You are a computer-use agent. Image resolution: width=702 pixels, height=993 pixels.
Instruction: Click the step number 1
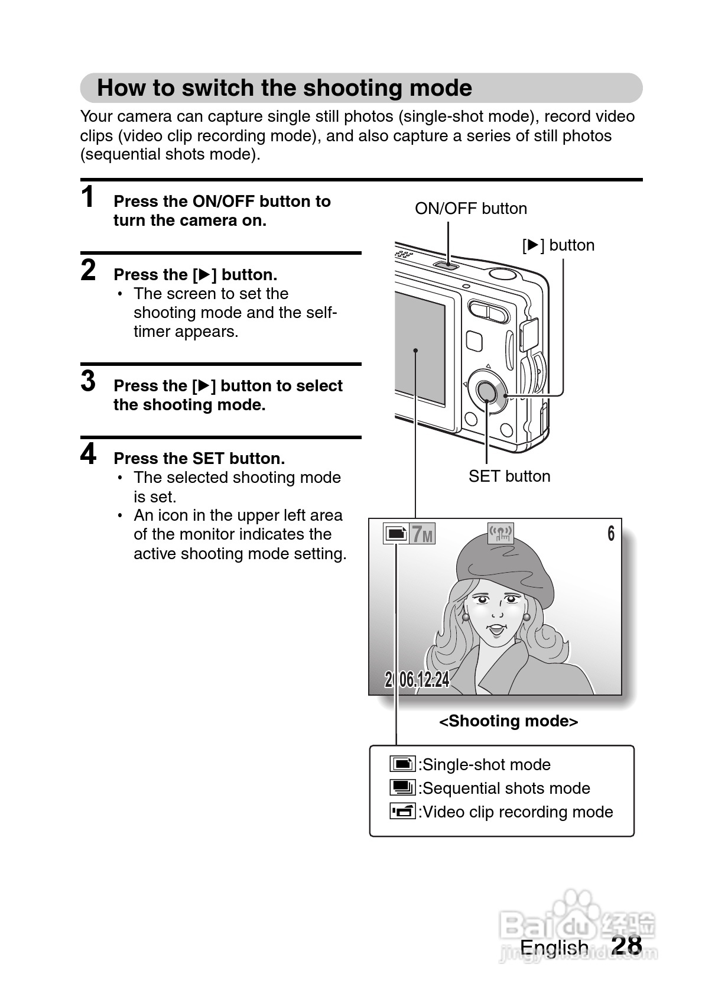coord(88,197)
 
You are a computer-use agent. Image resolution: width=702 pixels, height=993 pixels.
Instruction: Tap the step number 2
coord(88,270)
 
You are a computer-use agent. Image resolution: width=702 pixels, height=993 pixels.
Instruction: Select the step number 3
coord(88,381)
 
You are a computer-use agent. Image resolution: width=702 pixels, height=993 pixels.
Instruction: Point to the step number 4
coord(88,454)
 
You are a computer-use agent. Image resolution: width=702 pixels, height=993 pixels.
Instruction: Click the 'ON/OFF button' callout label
coord(470,209)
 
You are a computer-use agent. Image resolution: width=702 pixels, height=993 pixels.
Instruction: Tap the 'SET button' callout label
coord(509,476)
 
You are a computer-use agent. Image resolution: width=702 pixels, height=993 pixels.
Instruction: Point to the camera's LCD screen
coord(420,349)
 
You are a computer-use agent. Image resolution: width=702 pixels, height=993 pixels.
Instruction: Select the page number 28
coord(626,946)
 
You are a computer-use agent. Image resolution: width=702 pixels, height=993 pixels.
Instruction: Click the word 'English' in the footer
coord(554,948)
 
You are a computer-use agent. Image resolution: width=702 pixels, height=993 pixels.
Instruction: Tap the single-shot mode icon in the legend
coord(402,764)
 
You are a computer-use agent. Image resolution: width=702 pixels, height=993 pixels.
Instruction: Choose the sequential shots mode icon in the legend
coord(402,788)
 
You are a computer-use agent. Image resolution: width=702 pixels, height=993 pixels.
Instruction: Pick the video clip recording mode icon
coord(402,812)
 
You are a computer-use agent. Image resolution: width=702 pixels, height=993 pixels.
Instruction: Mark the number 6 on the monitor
coord(611,534)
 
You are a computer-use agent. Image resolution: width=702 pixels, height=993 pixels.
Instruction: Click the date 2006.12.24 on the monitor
coord(417,680)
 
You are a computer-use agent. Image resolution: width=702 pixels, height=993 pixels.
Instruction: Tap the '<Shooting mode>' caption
coord(508,721)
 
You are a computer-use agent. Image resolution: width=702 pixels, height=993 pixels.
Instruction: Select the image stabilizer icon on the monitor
coord(500,534)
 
